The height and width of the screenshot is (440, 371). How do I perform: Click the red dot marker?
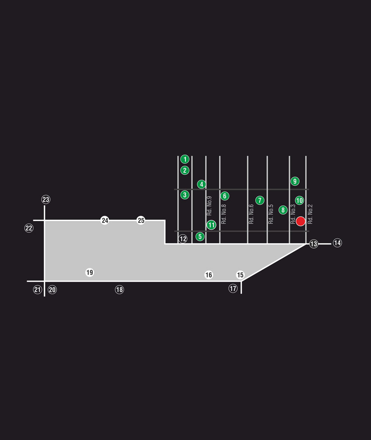tap(301, 221)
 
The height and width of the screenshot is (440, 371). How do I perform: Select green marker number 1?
tap(185, 159)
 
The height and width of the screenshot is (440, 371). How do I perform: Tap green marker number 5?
tap(200, 236)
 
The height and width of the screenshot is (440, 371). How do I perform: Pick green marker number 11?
tap(211, 225)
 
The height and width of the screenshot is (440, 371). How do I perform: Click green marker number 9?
tap(295, 181)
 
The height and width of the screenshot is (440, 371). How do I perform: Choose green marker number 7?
tap(260, 200)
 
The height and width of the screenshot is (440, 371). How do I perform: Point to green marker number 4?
tap(201, 185)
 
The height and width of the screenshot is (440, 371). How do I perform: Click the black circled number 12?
tap(183, 239)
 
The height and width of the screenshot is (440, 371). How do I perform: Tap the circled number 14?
tap(337, 243)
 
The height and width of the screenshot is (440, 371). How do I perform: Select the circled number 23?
tap(46, 199)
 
